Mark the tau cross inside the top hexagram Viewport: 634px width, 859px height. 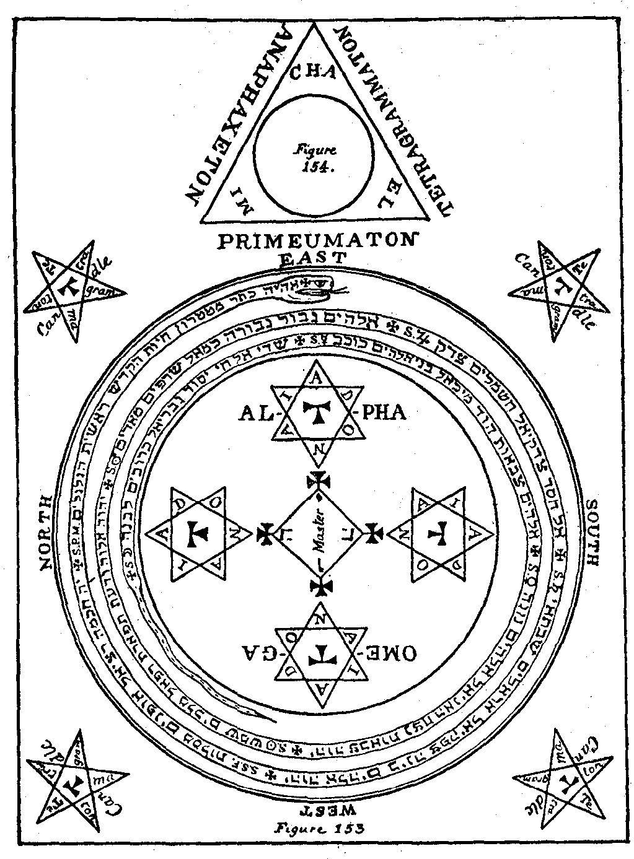click(x=318, y=412)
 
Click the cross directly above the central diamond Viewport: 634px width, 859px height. click(x=318, y=481)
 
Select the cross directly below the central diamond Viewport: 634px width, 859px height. click(x=320, y=586)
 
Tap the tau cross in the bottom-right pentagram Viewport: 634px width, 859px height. click(x=565, y=780)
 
